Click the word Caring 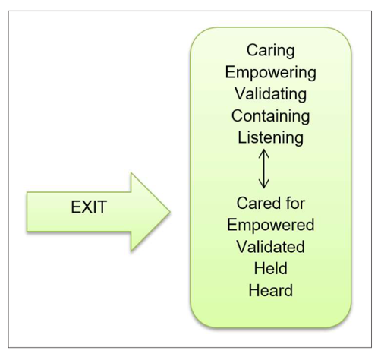[x=270, y=50]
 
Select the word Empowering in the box [x=270, y=73]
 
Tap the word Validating [x=270, y=94]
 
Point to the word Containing [x=270, y=116]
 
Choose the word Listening [x=270, y=138]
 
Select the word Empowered [x=270, y=226]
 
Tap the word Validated [x=270, y=248]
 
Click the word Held [x=270, y=270]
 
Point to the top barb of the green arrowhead [x=131, y=173]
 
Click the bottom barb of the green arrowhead [x=131, y=250]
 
